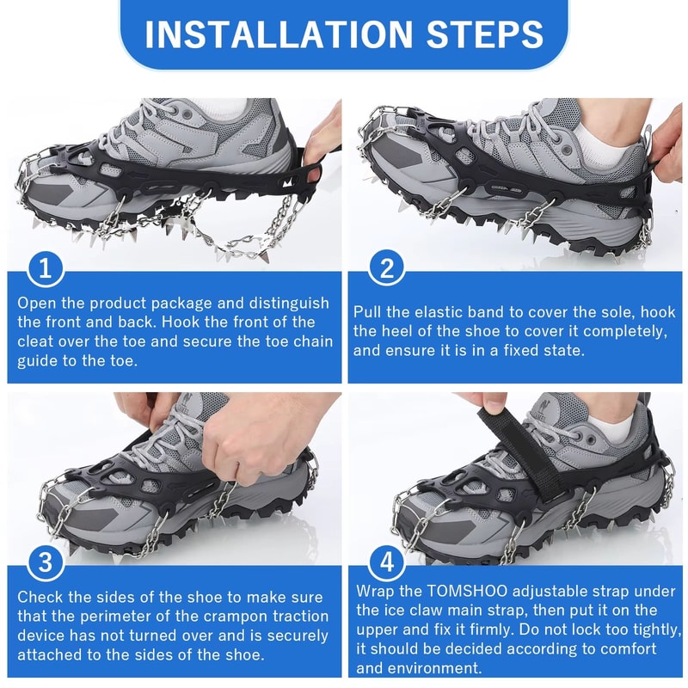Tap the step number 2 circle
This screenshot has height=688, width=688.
coord(386,269)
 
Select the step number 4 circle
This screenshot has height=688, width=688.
coord(386,564)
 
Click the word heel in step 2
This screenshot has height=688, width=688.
coord(413,331)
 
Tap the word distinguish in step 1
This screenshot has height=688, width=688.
coord(283,303)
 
